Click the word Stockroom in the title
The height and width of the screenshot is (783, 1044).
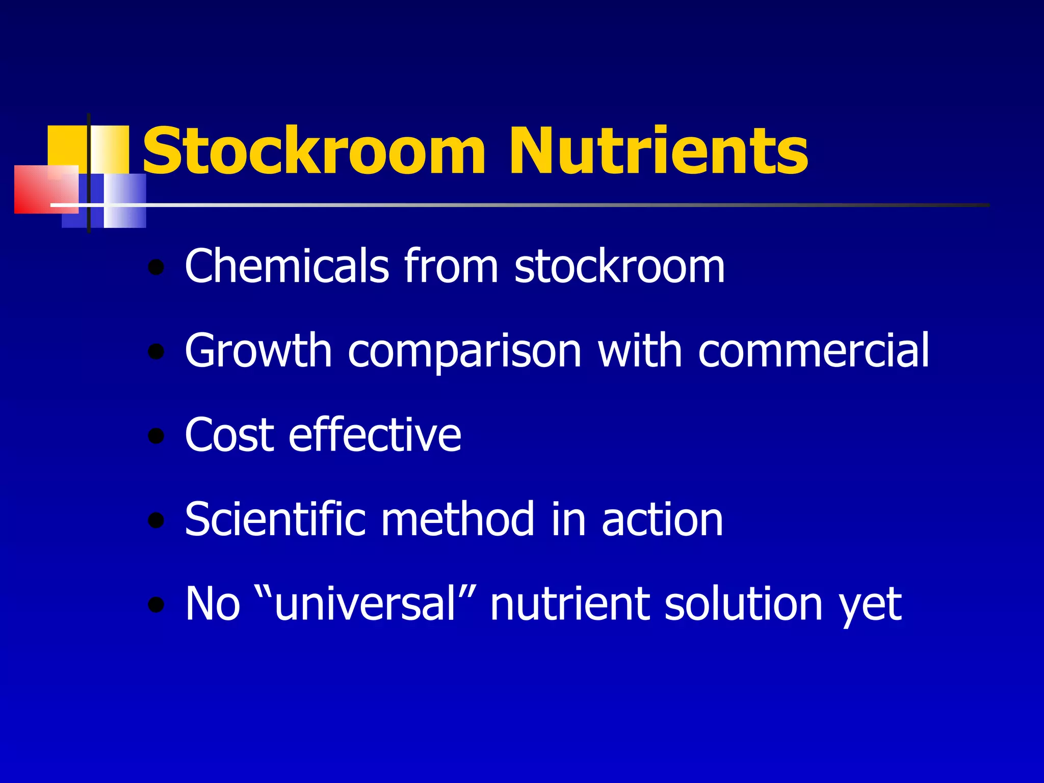[x=314, y=151]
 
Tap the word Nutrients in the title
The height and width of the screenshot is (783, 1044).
[x=658, y=151]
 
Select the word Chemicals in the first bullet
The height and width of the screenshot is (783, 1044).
[x=287, y=266]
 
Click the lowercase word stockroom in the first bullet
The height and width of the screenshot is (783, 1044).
[x=619, y=266]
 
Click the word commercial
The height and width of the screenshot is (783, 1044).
[x=814, y=350]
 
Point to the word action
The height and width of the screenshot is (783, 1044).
[x=662, y=520]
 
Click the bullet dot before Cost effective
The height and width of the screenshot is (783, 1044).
[x=156, y=436]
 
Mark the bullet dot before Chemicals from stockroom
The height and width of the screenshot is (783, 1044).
[x=156, y=267]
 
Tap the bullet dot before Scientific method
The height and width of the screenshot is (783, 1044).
[x=156, y=520]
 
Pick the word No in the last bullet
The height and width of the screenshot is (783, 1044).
[x=212, y=604]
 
